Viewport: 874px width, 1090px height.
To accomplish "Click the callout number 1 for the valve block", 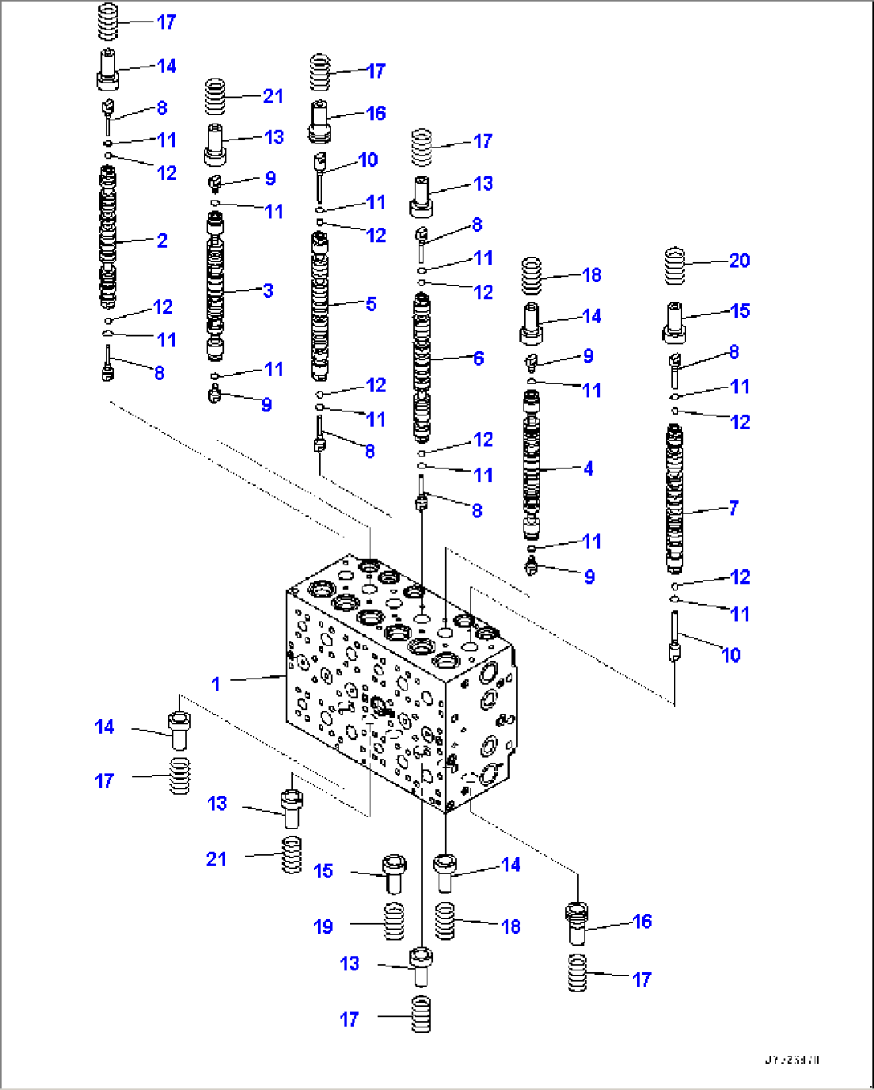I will click(x=215, y=684).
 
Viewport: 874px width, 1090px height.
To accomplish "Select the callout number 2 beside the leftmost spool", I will click(x=162, y=241).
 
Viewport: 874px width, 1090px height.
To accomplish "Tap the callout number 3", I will click(x=268, y=291).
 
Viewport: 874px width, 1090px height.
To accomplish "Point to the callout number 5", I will click(x=371, y=304).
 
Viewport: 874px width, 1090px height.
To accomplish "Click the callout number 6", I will click(x=479, y=358).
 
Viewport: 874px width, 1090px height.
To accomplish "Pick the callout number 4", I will click(x=589, y=468).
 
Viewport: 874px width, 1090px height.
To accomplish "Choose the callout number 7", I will click(x=734, y=508).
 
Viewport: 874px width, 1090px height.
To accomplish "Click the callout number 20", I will click(x=739, y=261).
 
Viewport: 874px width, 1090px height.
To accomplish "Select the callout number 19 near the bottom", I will click(x=323, y=927).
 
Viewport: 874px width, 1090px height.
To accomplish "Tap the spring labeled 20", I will click(x=676, y=268).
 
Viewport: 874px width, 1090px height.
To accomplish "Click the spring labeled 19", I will click(x=393, y=922).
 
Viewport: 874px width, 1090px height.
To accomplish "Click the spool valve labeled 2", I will click(x=107, y=237).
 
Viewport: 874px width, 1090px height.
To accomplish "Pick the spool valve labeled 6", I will click(x=422, y=367).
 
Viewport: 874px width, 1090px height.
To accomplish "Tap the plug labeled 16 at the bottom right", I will click(x=577, y=922).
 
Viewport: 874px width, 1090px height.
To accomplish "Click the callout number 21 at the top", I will click(x=273, y=96).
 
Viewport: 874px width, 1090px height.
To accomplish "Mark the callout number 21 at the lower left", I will click(x=216, y=859).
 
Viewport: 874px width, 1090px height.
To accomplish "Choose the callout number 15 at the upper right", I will click(x=740, y=311).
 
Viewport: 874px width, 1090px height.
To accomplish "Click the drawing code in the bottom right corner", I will click(x=792, y=1060).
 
